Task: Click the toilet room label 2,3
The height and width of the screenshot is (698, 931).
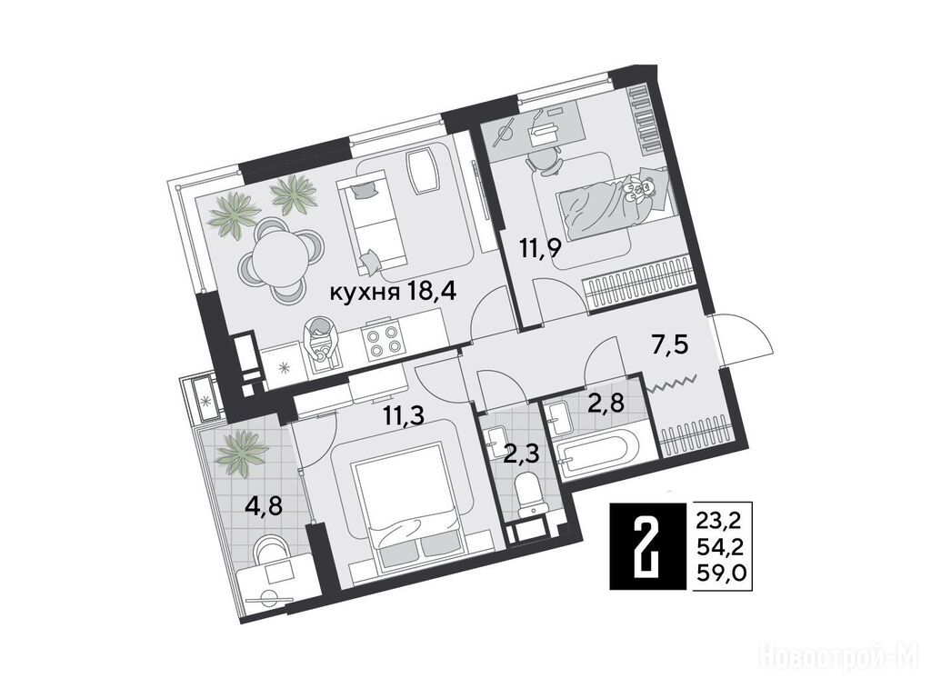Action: tap(521, 456)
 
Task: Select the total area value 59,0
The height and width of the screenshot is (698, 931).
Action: tap(723, 573)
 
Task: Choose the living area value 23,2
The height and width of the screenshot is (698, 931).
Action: tap(723, 522)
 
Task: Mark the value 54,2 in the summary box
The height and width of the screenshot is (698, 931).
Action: tap(723, 547)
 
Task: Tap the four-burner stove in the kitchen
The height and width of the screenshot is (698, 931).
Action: tap(382, 343)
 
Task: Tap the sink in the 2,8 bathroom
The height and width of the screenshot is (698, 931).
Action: tap(558, 416)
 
